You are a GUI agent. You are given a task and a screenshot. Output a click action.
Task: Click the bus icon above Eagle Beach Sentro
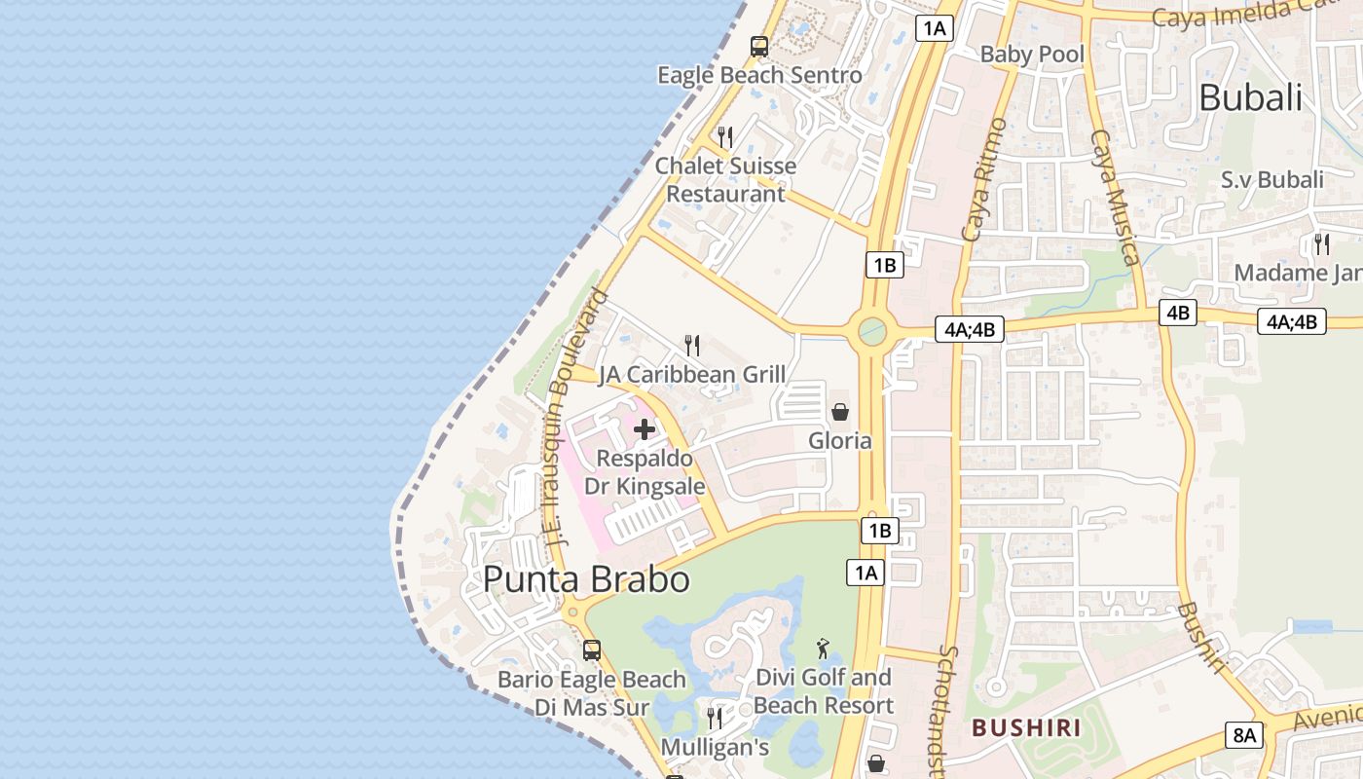759,46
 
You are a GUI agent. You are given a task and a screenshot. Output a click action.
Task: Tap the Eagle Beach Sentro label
759,75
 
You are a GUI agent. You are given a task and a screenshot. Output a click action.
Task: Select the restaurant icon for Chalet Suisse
725,136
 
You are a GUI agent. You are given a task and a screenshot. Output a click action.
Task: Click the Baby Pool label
1032,54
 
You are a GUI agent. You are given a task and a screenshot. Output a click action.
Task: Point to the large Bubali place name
1250,97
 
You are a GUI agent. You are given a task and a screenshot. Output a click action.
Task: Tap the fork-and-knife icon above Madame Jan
1322,243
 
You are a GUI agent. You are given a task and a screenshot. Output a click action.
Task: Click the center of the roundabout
872,332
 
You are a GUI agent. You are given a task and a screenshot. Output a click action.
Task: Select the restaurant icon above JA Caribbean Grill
692,345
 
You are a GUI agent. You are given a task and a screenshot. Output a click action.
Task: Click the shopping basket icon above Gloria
840,412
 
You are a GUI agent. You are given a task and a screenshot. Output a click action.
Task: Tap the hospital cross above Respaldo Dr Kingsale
645,428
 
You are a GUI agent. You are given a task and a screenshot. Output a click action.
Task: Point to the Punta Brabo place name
586,579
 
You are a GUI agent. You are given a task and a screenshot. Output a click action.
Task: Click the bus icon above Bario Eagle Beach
592,649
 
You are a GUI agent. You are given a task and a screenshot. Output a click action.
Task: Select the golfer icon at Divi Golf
824,648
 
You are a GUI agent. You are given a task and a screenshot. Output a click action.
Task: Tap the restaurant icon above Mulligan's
716,719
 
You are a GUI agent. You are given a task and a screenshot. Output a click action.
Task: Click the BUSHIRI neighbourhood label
1026,727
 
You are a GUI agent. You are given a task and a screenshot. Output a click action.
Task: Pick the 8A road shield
1245,735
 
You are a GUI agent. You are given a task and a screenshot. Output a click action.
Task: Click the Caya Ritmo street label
984,180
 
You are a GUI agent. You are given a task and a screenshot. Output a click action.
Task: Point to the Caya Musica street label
1116,197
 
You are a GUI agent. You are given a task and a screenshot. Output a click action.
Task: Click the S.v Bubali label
1272,180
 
